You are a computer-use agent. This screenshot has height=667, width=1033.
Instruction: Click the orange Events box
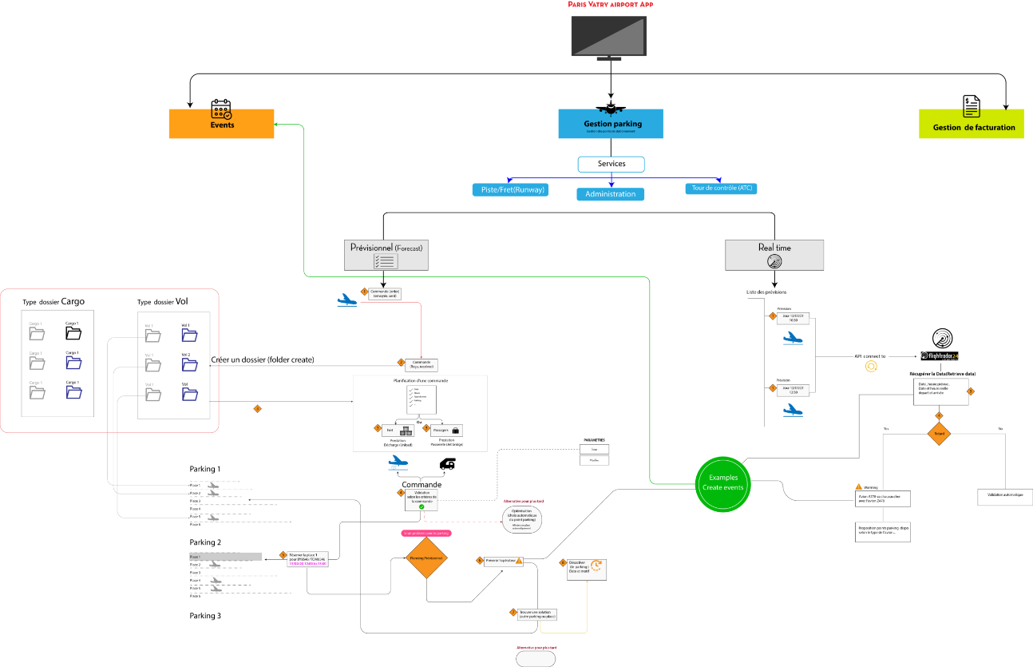pos(221,124)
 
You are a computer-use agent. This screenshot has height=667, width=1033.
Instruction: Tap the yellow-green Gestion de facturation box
pos(971,124)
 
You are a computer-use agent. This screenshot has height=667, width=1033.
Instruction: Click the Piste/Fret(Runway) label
pos(510,189)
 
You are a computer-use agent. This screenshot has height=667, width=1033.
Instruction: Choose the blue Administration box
pos(611,194)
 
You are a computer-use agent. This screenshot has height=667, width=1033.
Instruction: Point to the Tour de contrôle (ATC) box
pos(720,189)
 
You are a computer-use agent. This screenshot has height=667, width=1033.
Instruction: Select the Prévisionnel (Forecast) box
pos(386,254)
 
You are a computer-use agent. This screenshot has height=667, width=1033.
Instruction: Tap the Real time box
pos(774,255)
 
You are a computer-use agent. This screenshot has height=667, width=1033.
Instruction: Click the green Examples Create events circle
pos(723,482)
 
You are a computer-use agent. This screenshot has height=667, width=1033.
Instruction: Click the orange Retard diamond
pos(939,435)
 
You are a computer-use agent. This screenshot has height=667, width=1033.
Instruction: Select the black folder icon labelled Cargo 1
pos(73,332)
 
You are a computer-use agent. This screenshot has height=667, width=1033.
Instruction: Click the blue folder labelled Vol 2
pos(188,364)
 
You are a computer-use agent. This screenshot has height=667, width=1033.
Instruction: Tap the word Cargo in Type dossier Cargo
pos(73,302)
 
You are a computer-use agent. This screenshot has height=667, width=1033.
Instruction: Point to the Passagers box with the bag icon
pos(446,431)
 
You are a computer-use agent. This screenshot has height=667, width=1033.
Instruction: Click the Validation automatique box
pos(1005,496)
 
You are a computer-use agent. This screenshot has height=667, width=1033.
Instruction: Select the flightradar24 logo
pos(939,356)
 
